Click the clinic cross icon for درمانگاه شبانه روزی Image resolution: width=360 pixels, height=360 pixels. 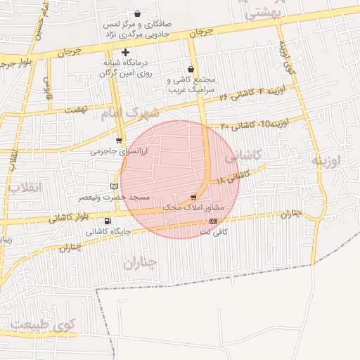point(125,52)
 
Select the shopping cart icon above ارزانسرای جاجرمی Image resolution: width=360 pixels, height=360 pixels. point(118,141)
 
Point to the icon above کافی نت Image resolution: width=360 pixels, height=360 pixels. point(214,221)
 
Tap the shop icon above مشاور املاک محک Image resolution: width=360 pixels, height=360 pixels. point(193,198)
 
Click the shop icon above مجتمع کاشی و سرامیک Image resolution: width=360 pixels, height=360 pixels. point(192,69)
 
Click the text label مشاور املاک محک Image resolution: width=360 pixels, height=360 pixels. point(193,208)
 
